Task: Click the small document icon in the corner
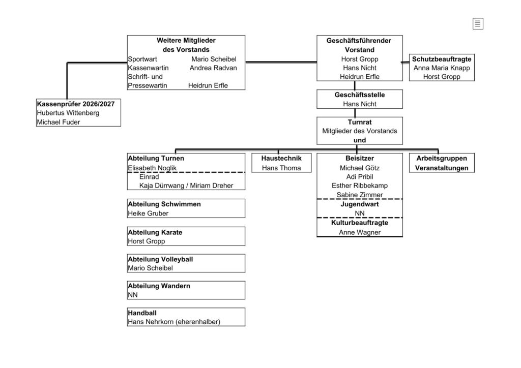478,23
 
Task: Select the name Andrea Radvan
213,68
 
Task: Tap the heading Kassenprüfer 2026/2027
76,104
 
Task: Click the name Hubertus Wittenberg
68,113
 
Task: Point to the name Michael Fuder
59,122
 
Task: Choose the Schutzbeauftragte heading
442,59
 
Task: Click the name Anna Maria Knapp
442,68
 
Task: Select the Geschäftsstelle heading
360,95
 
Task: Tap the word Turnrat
360,122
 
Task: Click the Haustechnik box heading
281,158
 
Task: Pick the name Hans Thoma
281,168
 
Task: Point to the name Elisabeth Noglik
152,168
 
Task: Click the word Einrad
149,177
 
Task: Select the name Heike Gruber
148,213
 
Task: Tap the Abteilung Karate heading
155,232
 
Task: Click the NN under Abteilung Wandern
133,295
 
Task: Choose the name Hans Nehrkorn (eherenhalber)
174,322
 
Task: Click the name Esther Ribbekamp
360,186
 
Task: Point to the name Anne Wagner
360,232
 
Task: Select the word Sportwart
142,59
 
